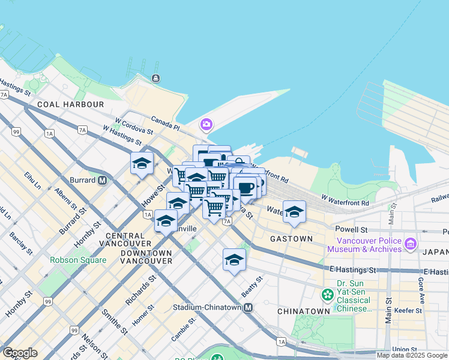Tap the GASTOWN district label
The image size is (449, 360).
pyautogui.click(x=291, y=239)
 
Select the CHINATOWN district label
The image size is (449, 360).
pyautogui.click(x=303, y=311)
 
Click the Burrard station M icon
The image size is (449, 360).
pyautogui.click(x=103, y=180)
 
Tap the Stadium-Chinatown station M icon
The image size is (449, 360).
pyautogui.click(x=248, y=307)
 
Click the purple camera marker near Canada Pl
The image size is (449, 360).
pyautogui.click(x=206, y=125)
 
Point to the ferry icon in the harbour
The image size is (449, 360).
pyautogui.click(x=155, y=78)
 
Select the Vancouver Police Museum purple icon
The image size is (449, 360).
pyautogui.click(x=411, y=244)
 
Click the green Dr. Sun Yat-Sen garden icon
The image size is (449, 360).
pyautogui.click(x=327, y=295)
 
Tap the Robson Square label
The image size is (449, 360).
pyautogui.click(x=78, y=260)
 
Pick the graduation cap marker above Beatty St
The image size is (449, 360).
pyautogui.click(x=234, y=260)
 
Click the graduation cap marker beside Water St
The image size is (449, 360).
pyautogui.click(x=294, y=212)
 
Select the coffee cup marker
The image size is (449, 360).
pyautogui.click(x=246, y=187)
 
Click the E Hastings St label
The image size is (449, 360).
pyautogui.click(x=352, y=270)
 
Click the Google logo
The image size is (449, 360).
pyautogui.click(x=20, y=353)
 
